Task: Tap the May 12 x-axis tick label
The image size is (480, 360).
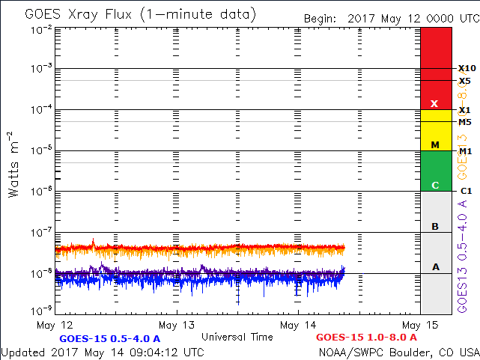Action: [x=55, y=325]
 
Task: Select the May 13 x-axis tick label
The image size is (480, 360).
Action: [x=177, y=325]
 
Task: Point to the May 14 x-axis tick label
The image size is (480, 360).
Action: [x=298, y=325]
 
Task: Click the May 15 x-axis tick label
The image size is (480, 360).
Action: [x=419, y=325]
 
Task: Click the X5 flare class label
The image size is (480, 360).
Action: [x=464, y=81]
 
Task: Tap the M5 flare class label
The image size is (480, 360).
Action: [x=464, y=122]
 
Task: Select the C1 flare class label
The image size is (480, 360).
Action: [x=465, y=191]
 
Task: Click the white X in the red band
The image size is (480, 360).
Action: [x=434, y=104]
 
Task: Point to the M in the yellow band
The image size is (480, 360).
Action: [x=434, y=144]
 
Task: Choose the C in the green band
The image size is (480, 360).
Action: [x=434, y=185]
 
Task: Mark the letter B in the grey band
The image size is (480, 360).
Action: [x=435, y=226]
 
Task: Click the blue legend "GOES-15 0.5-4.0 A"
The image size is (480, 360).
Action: [x=110, y=338]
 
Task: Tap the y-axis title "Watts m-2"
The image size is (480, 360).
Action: [x=14, y=163]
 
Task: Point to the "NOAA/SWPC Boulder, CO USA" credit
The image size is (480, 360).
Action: [x=398, y=352]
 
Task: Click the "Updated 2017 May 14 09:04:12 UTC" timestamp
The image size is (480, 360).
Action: [x=102, y=352]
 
